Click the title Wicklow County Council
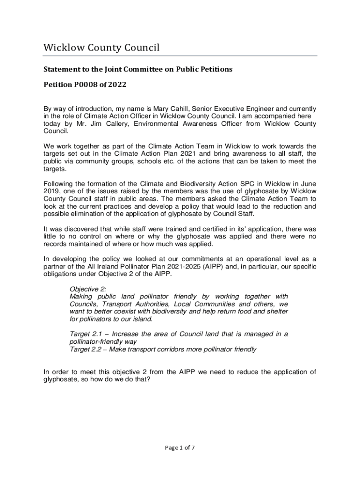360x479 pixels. (x=101, y=48)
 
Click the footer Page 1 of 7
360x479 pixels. (x=180, y=448)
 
